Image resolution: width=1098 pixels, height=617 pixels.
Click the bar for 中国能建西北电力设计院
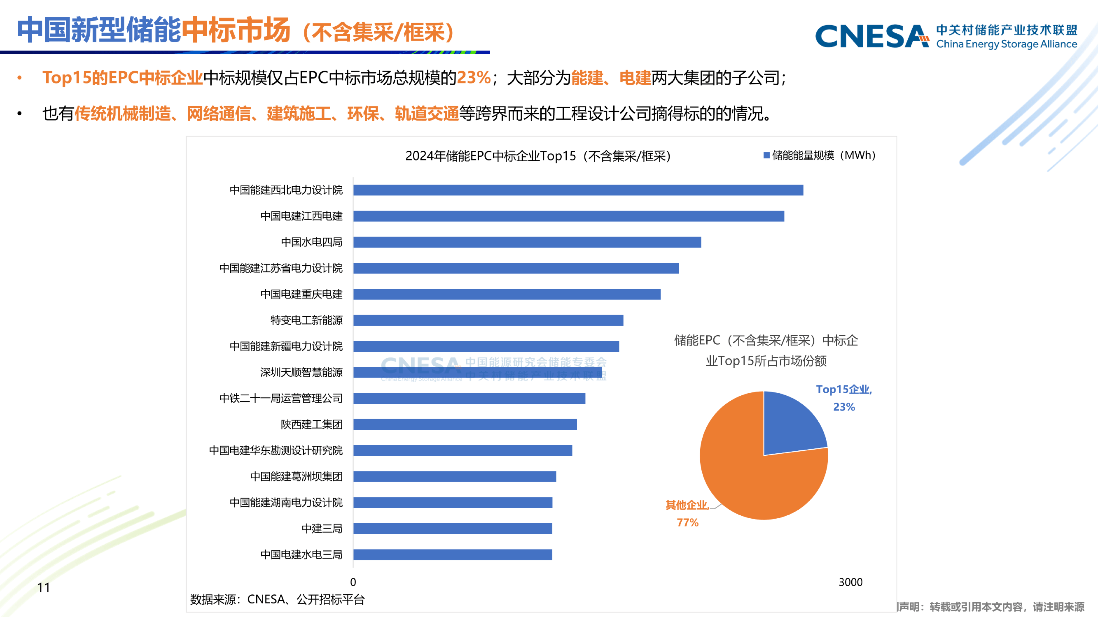coord(578,190)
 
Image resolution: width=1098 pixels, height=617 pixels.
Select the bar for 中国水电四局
coord(527,242)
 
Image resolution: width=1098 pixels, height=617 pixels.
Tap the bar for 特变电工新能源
coord(488,320)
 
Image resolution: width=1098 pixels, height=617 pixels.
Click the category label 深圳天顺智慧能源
coord(301,372)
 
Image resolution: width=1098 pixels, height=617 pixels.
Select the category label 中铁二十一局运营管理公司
coord(281,399)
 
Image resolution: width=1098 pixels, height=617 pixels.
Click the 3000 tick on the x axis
coord(850,582)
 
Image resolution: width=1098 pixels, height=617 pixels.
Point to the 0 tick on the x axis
coord(353,582)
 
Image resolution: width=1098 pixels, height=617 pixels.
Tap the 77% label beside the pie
coord(688,523)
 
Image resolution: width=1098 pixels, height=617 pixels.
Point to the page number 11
coord(43,588)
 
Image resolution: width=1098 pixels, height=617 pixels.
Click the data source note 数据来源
coord(277,600)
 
